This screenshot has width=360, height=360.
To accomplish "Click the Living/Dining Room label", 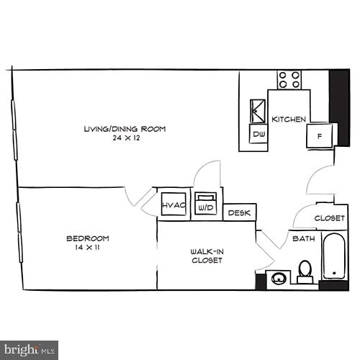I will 125,129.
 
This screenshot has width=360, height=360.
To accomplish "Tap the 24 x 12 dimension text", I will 125,138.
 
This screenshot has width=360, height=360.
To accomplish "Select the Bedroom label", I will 87,238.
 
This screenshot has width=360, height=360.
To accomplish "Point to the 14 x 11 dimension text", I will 87,248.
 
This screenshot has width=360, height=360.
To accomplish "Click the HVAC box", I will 174,205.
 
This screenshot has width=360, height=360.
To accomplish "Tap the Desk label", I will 240,212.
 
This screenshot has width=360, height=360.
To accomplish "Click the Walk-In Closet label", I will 206,256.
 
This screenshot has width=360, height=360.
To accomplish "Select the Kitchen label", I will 289,119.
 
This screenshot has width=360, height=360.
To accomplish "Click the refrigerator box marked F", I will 318,135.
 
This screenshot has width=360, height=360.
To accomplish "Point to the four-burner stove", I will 289,79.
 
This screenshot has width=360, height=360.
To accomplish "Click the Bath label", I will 302,238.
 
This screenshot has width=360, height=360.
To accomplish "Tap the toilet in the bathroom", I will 305,271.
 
